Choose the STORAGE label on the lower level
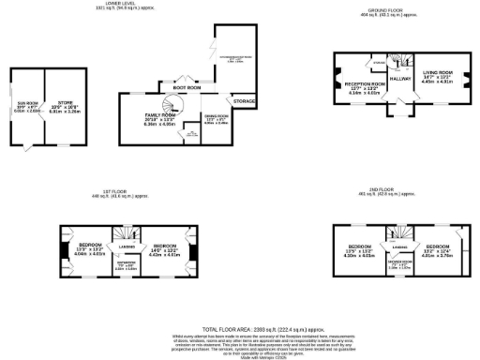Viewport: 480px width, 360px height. click(x=244, y=99)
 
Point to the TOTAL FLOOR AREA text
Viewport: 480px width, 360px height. click(x=240, y=330)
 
